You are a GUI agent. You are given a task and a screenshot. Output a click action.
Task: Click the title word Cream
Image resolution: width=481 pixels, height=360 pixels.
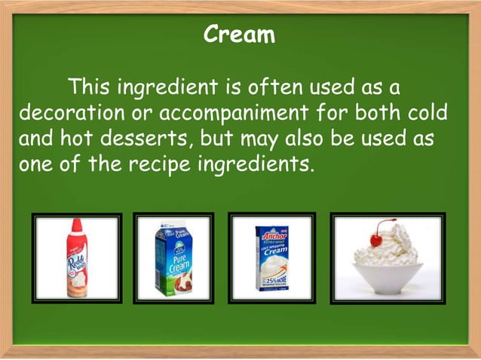[x=240, y=35]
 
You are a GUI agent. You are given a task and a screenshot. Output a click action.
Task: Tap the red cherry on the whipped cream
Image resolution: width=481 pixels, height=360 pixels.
[x=376, y=239]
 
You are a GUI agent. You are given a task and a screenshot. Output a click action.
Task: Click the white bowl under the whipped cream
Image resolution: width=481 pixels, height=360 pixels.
[x=388, y=278]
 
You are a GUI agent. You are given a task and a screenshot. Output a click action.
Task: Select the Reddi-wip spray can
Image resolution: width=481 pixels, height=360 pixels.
[x=77, y=258]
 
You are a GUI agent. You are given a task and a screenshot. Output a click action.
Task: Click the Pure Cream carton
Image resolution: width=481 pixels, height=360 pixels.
[x=173, y=258]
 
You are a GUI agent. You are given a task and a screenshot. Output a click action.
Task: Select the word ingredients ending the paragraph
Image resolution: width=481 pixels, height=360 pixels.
[x=262, y=164]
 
